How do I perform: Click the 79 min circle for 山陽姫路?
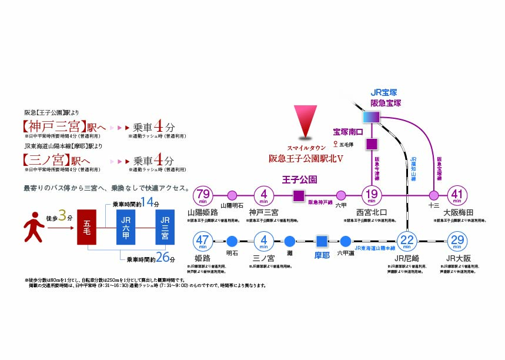point(204,194)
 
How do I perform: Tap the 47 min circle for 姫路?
point(204,241)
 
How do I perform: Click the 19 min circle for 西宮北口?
point(372,194)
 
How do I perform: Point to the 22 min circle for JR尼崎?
point(407,241)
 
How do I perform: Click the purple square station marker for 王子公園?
point(299,195)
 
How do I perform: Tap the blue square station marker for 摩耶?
point(322,241)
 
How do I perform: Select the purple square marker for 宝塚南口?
point(372,143)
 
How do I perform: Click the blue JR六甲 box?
point(125,227)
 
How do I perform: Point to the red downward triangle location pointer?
point(306,122)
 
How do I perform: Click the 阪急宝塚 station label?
point(386,102)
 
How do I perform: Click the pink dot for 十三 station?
point(434,195)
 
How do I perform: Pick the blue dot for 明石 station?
point(232,241)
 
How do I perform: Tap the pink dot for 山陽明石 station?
point(232,195)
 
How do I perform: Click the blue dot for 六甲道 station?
point(346,241)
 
